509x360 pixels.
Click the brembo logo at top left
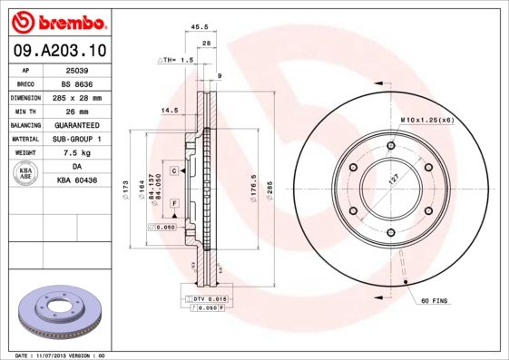click(x=56, y=20)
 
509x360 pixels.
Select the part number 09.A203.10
click(x=56, y=51)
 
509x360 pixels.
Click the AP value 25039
click(x=75, y=69)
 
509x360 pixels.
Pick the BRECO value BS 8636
click(x=75, y=83)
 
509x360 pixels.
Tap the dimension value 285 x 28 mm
click(x=75, y=96)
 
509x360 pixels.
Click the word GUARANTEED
click(x=75, y=124)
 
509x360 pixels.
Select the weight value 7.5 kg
click(x=75, y=152)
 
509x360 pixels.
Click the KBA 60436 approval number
click(x=75, y=180)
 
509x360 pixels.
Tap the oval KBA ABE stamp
click(x=26, y=173)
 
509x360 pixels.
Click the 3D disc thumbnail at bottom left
click(x=61, y=314)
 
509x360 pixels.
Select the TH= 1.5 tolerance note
click(x=177, y=60)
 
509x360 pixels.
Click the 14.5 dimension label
click(x=169, y=111)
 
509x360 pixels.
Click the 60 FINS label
click(x=436, y=299)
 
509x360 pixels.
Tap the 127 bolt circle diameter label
click(x=393, y=180)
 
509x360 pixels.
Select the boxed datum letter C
click(x=173, y=170)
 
